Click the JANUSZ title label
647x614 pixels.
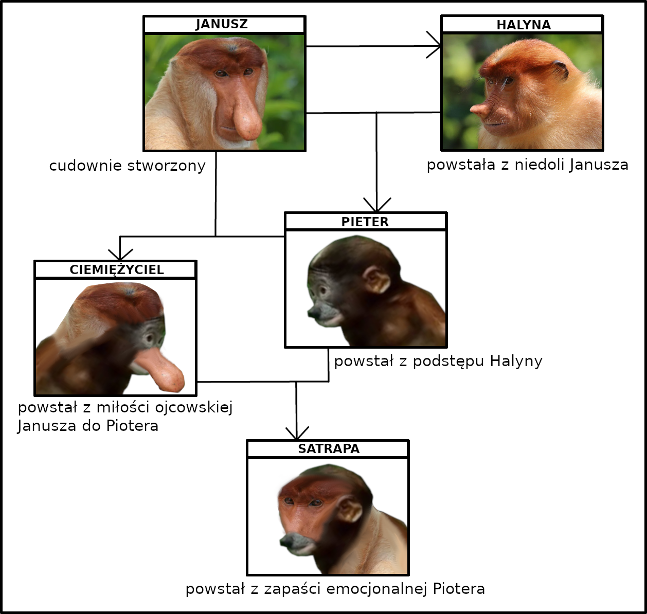click(222, 24)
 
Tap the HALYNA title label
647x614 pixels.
click(524, 25)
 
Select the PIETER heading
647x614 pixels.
click(365, 222)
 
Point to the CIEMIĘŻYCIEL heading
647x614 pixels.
click(117, 269)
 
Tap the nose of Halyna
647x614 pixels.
click(479, 109)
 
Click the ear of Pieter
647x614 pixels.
click(378, 281)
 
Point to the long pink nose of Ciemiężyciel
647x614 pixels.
click(162, 368)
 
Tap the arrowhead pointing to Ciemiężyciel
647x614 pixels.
click(120, 255)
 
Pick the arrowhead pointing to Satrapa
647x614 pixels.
click(297, 433)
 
